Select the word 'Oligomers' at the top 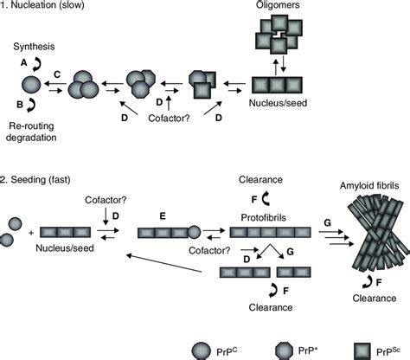pyautogui.click(x=279, y=6)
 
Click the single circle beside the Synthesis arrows pyautogui.click(x=29, y=85)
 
